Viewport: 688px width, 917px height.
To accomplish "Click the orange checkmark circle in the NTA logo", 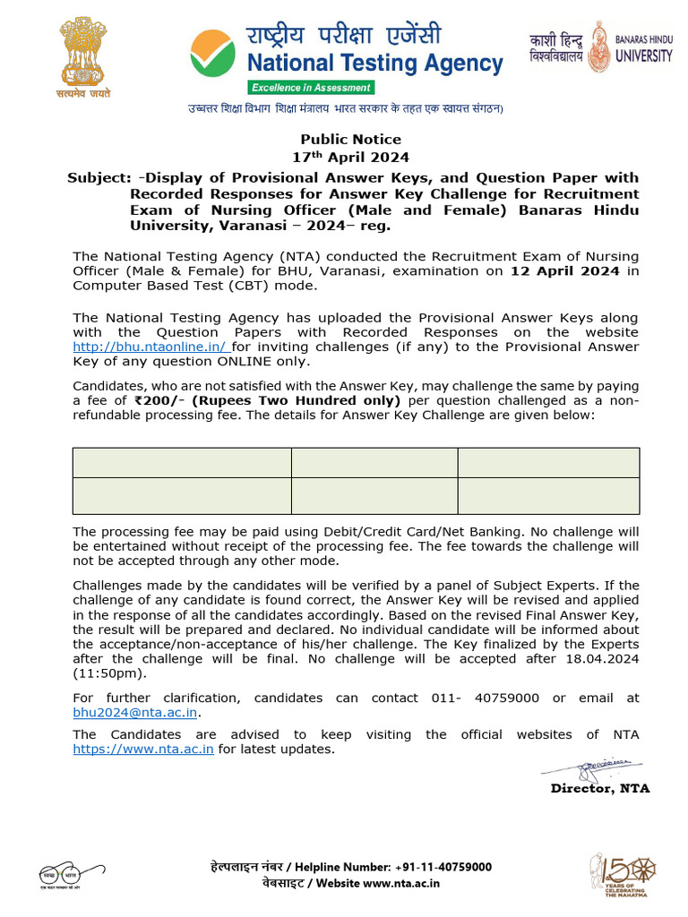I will click(213, 56).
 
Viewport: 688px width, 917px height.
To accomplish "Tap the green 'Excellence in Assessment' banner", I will click(310, 88).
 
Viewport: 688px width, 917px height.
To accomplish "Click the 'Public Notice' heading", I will click(350, 139).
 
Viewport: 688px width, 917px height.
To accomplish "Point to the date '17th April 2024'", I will click(350, 158).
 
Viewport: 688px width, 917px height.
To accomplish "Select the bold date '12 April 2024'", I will click(564, 271).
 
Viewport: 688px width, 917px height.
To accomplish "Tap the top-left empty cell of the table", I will click(182, 463).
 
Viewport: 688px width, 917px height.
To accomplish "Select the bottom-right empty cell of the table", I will click(548, 496).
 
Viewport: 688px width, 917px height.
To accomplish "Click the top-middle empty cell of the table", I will click(374, 463).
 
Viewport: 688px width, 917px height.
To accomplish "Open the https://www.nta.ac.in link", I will click(143, 750).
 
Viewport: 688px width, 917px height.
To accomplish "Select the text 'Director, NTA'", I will click(599, 789).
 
